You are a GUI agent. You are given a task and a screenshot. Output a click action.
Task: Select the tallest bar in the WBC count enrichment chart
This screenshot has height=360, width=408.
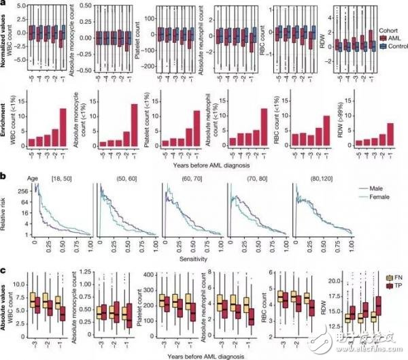tap(63, 127)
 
